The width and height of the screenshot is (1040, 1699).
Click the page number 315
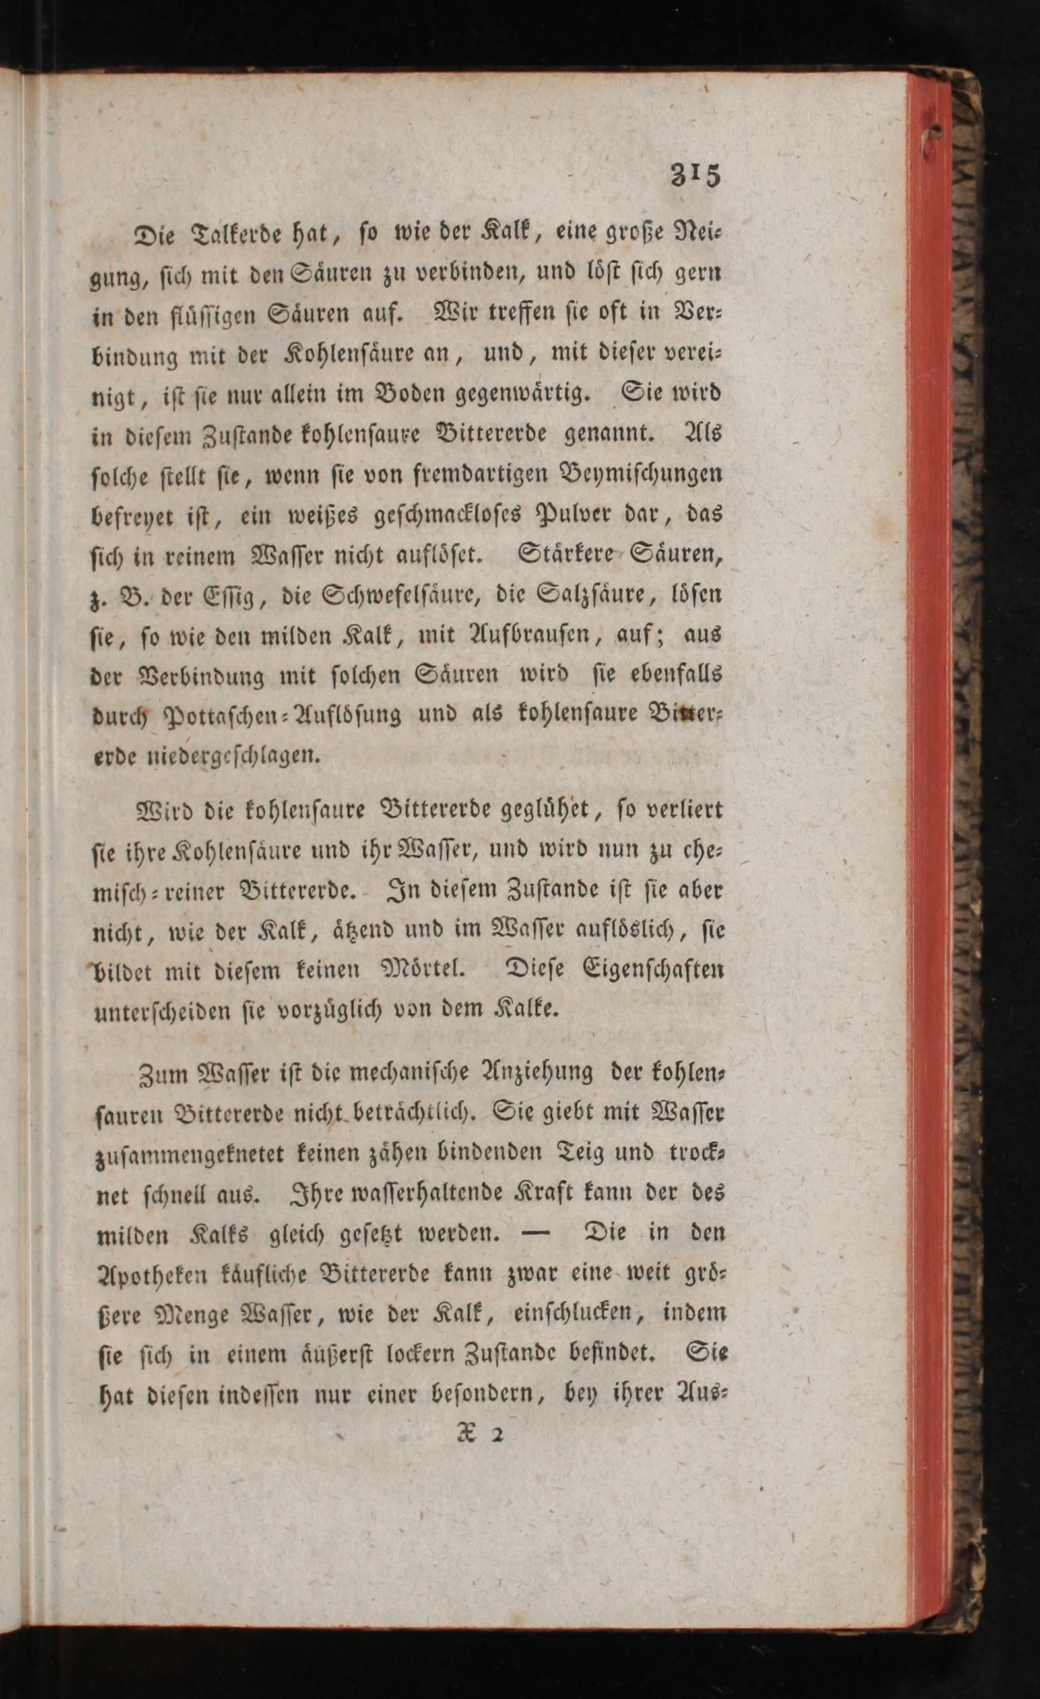(695, 175)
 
